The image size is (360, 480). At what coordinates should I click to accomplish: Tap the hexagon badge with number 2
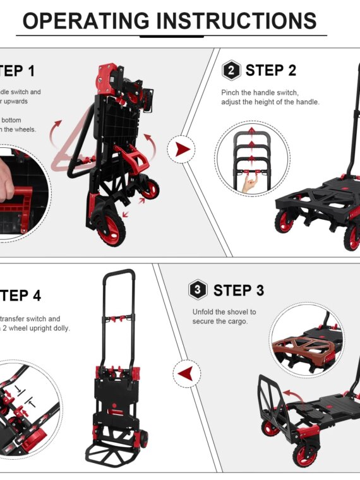click(231, 70)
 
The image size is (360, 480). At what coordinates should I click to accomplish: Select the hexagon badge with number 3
click(198, 290)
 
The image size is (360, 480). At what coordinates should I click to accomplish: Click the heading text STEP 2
click(271, 70)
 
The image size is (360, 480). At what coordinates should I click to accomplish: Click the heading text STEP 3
click(239, 291)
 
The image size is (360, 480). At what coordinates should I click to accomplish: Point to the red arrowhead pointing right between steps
click(183, 150)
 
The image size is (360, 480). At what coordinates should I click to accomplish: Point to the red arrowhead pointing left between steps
click(187, 374)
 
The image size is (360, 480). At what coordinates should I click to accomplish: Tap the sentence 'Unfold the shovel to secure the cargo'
click(224, 316)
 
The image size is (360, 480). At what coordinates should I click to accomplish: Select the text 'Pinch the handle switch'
click(260, 93)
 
